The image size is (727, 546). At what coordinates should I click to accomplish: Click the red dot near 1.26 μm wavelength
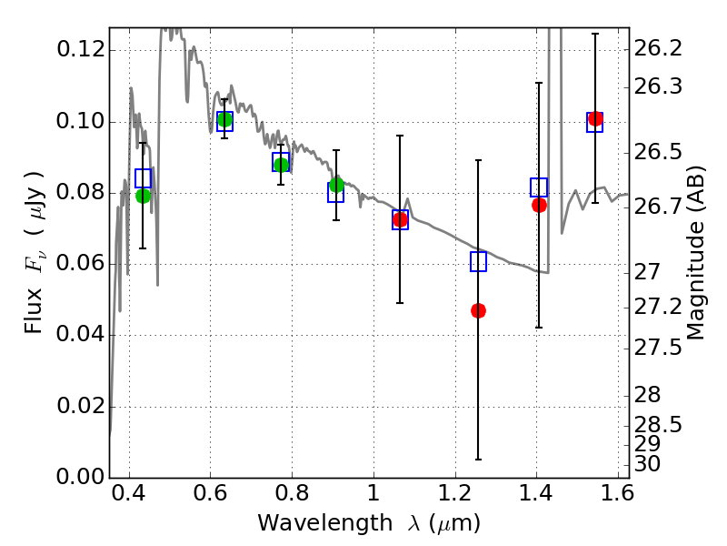coord(479,310)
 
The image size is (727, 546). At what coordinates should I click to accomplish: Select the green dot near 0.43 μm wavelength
coord(143,196)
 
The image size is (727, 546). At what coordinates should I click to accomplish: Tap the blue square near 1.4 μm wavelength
coord(539,187)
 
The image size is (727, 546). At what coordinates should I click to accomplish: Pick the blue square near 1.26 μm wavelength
coord(479,261)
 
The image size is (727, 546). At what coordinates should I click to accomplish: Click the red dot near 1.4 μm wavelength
coord(539,205)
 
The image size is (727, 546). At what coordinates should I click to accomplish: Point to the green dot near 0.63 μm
coord(224,120)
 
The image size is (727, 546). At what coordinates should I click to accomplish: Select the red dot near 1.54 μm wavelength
coord(595,118)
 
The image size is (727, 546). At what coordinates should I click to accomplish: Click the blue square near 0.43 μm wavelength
coord(143,178)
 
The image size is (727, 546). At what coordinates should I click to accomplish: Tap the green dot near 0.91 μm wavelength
coord(336,185)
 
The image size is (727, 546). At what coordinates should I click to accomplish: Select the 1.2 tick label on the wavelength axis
coord(455,493)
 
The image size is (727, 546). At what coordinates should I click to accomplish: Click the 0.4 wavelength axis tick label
coord(129,493)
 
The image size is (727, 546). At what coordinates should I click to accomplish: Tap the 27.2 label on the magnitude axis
coord(658,307)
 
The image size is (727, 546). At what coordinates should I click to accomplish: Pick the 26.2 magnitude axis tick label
coord(658,48)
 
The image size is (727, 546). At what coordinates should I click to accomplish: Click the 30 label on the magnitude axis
coord(647,464)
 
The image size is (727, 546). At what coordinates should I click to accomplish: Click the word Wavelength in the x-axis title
coord(325,524)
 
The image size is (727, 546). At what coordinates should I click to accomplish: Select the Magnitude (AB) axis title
coord(694,253)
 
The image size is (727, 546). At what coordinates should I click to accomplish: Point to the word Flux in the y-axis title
coord(34,311)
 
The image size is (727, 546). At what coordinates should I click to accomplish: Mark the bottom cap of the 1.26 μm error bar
coord(479,460)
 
